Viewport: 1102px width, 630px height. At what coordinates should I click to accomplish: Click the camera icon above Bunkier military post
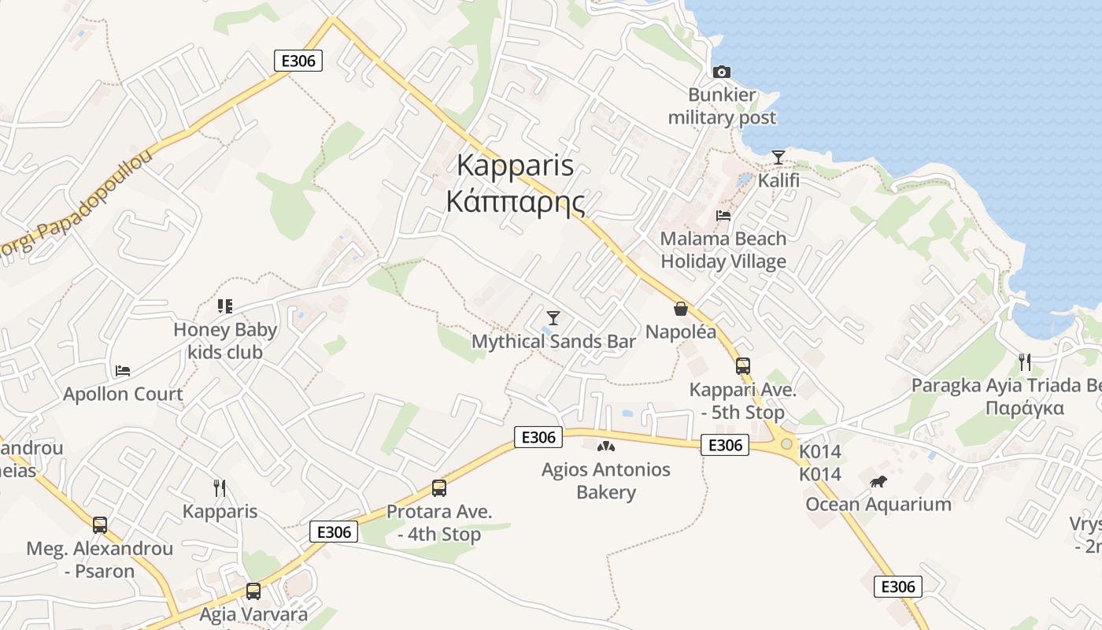pos(721,72)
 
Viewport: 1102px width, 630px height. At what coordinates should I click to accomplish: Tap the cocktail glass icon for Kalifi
pos(778,157)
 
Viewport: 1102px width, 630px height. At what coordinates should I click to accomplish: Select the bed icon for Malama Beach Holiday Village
pos(723,215)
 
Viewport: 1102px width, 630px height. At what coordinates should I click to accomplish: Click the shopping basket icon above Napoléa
pos(681,309)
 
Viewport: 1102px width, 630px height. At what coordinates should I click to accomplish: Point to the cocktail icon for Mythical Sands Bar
pos(553,318)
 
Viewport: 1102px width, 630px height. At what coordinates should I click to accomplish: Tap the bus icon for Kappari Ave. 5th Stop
pos(742,366)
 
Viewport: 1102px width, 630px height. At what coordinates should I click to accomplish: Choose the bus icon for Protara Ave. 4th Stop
pos(439,488)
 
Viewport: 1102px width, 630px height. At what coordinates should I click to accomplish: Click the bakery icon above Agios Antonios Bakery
pos(605,447)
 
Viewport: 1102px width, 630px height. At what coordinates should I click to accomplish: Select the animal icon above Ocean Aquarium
pos(878,481)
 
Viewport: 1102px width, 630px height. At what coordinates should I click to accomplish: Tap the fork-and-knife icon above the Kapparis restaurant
pos(220,488)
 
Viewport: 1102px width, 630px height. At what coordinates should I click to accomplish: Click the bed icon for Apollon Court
pos(123,370)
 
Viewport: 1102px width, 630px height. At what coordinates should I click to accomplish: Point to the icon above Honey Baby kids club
pos(225,306)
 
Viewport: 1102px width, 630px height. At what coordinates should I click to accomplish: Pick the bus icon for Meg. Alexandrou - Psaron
pos(100,525)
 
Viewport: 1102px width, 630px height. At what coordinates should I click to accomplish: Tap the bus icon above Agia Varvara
pos(253,591)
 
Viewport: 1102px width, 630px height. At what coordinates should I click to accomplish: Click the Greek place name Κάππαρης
pos(516,202)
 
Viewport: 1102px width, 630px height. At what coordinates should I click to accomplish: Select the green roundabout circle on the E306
pos(786,445)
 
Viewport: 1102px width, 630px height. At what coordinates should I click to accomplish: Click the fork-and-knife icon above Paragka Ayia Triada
pos(1024,362)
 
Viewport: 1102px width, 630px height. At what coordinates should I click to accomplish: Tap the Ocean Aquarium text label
pos(878,504)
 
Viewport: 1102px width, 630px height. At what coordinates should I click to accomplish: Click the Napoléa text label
pos(681,332)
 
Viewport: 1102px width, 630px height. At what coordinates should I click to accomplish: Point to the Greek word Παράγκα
pos(1025,408)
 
